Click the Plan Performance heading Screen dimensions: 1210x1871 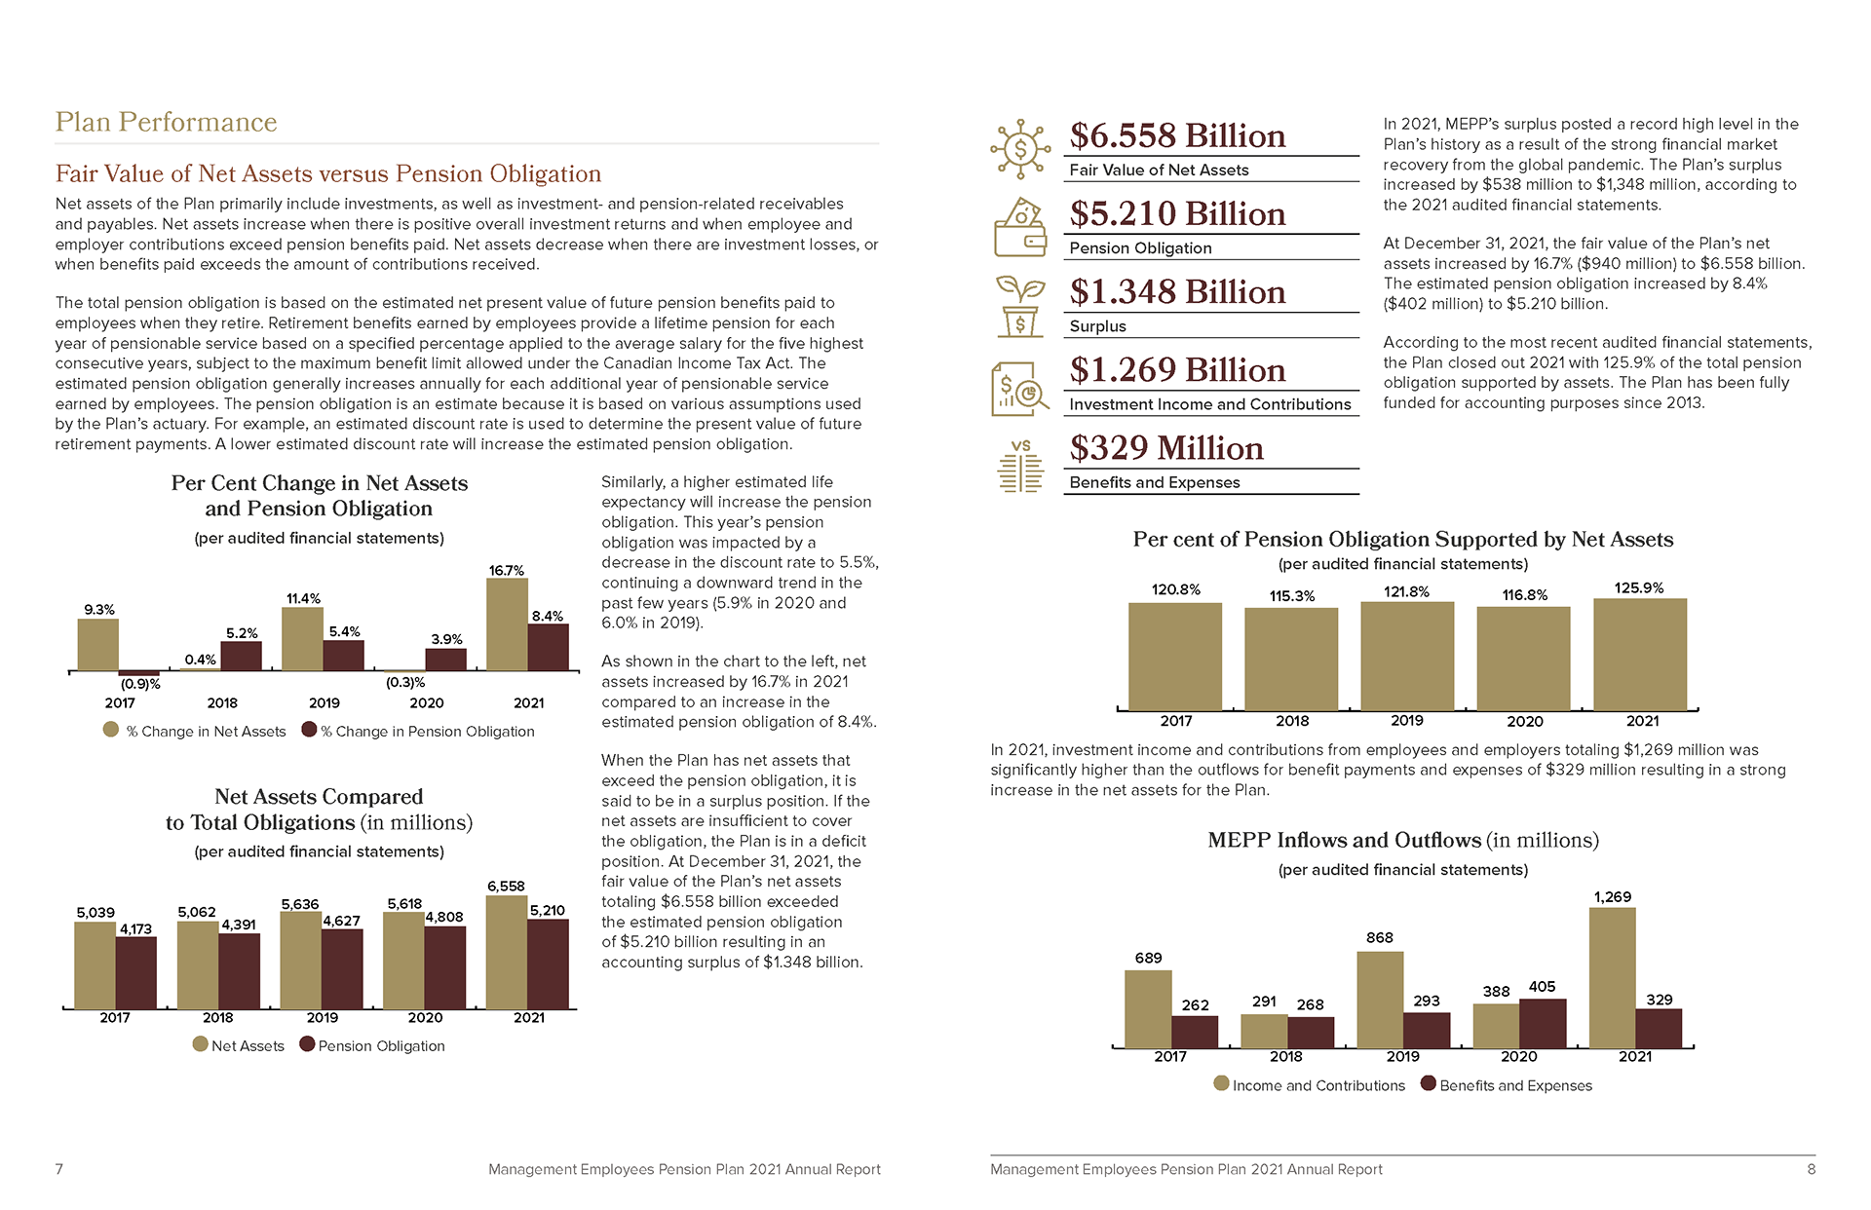tap(166, 122)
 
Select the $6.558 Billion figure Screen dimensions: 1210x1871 tap(1177, 135)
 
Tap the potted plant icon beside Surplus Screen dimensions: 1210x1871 tap(1019, 306)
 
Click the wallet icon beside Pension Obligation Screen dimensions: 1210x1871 tap(1019, 228)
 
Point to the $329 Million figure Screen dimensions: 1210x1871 tap(1165, 448)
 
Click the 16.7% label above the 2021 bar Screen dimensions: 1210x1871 tap(506, 571)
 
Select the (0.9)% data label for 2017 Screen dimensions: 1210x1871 tap(140, 684)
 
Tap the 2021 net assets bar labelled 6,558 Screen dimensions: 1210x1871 tap(506, 952)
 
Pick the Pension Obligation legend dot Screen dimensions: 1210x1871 tap(307, 1044)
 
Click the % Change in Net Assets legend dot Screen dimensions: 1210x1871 tap(111, 730)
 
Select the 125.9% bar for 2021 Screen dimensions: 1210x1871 tap(1639, 654)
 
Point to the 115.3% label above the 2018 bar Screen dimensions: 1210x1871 tap(1291, 596)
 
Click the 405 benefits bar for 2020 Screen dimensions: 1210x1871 tap(1542, 1023)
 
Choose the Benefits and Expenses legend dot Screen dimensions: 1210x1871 tap(1429, 1083)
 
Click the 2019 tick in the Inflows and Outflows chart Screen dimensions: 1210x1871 tap(1402, 1056)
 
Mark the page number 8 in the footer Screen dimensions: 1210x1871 tap(1811, 1169)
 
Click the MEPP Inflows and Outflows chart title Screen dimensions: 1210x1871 tap(1402, 840)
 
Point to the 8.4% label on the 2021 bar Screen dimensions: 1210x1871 tap(547, 617)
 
